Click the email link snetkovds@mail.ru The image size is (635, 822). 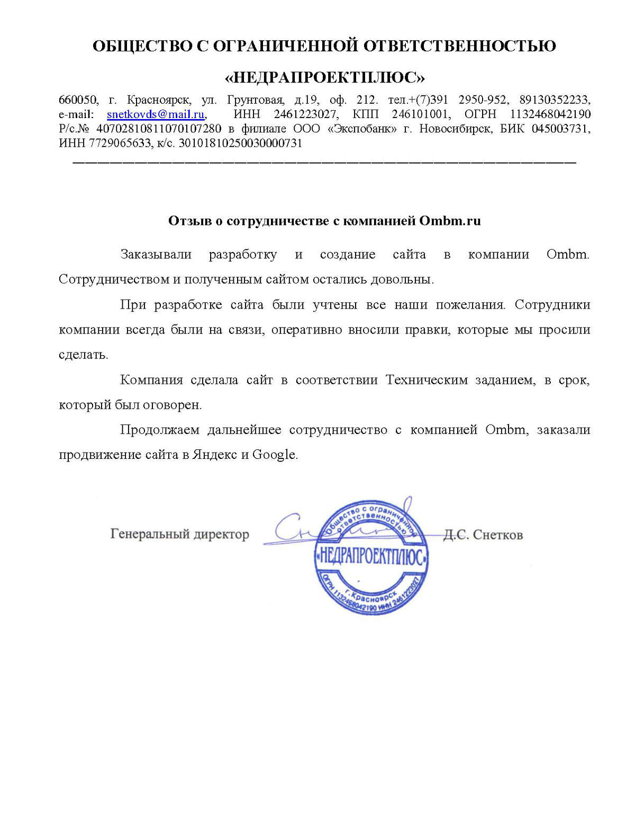(156, 114)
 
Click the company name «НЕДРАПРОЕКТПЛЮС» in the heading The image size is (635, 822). (324, 78)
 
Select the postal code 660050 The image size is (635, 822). (78, 100)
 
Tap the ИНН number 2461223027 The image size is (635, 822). (305, 114)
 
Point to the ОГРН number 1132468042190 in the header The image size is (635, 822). (550, 114)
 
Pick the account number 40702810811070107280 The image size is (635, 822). (159, 129)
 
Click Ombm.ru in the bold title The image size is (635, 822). (450, 221)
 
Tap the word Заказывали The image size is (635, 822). (156, 255)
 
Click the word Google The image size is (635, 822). (274, 455)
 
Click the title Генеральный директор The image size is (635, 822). (179, 534)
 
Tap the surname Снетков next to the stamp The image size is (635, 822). (497, 535)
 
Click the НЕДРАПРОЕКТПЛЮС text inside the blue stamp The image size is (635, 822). (371, 557)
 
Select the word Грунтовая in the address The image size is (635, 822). (256, 100)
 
